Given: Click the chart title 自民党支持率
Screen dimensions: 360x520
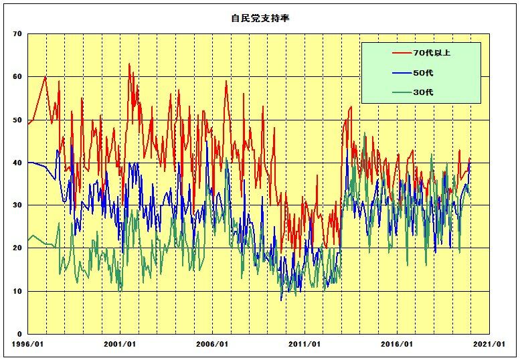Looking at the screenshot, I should [x=260, y=19].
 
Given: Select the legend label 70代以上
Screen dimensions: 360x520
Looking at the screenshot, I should [x=432, y=52].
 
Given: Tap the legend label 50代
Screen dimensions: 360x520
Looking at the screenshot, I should [x=424, y=72].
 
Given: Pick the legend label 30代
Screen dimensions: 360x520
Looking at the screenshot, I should [x=424, y=92].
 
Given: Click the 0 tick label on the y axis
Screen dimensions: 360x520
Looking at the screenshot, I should [x=20, y=334].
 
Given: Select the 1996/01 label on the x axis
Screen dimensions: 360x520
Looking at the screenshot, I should [x=28, y=344].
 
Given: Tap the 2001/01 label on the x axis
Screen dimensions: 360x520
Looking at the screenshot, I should [x=120, y=344].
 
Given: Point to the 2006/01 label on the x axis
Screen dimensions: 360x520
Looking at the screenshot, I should [x=213, y=344].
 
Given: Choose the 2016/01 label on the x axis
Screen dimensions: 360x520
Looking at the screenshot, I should [x=398, y=344].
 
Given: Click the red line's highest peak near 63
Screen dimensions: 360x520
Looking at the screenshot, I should [x=129, y=64].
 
